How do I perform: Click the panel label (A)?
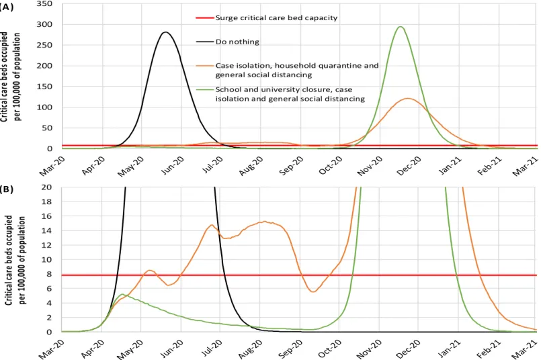click(6, 7)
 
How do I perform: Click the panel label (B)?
click(6, 189)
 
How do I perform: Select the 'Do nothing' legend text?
click(237, 42)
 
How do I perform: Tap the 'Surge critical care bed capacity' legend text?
click(276, 17)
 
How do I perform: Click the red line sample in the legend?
click(205, 17)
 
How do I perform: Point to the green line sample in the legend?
click(205, 89)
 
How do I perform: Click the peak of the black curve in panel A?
click(166, 32)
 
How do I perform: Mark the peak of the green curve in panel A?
click(401, 27)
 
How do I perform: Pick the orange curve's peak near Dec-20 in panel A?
click(408, 99)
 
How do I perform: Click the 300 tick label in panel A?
click(45, 24)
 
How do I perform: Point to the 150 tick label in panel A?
click(45, 87)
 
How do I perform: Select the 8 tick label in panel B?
click(49, 274)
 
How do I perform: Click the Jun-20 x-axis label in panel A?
click(173, 166)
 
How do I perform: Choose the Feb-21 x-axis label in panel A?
click(490, 166)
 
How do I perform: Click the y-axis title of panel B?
click(15, 261)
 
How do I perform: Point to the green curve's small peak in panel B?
click(122, 294)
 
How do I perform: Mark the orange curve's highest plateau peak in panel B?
click(264, 222)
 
